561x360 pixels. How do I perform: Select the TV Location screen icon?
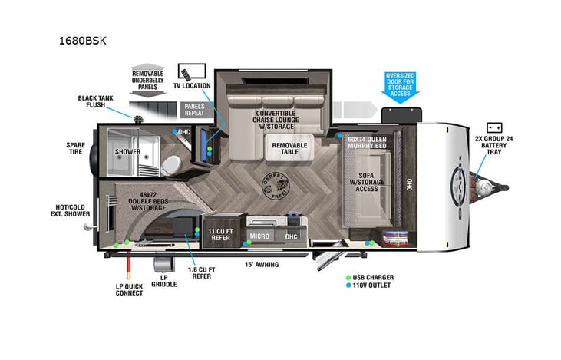[x=188, y=74]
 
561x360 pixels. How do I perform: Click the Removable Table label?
[x=289, y=148]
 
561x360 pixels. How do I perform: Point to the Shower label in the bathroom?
[x=128, y=152]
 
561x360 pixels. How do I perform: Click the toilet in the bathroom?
[x=173, y=163]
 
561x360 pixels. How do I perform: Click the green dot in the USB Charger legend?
[x=348, y=277]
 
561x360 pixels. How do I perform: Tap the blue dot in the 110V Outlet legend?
[x=348, y=286]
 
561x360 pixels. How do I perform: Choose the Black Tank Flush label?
[x=96, y=102]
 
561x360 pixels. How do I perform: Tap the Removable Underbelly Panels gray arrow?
[x=148, y=77]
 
